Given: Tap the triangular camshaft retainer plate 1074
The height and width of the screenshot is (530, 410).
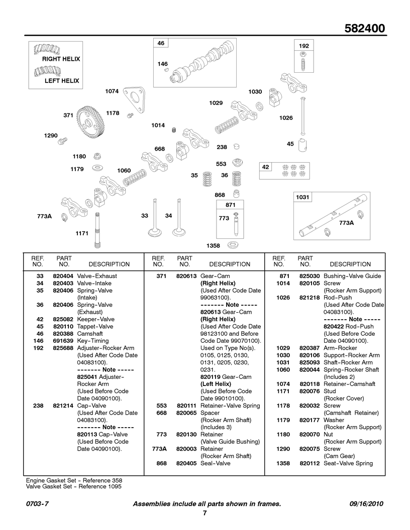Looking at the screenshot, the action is [x=135, y=100].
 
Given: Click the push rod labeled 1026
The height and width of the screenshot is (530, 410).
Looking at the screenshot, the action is [x=303, y=115].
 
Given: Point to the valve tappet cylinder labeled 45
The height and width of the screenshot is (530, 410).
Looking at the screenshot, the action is [x=303, y=145].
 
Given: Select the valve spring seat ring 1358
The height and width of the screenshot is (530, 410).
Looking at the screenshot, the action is [x=233, y=244].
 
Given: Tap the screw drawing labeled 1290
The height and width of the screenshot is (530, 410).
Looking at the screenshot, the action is [x=63, y=141].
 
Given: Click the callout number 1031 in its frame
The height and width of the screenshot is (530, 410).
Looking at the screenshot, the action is [x=302, y=197].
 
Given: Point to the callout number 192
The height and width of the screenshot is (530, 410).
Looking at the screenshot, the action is [x=304, y=46].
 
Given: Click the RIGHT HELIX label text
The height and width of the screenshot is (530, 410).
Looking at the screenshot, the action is [x=61, y=59].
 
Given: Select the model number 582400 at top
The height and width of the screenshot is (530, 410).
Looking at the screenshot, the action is [x=365, y=29].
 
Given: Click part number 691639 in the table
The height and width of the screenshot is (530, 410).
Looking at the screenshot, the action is [x=63, y=341].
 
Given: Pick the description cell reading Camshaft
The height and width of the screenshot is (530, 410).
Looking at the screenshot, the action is [x=90, y=334].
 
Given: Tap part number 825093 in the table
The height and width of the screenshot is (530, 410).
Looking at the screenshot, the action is [x=310, y=362].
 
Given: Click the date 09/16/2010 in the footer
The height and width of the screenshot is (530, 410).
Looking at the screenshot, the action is [x=366, y=504].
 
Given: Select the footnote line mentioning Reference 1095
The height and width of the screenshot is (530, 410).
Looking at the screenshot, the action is [x=74, y=487].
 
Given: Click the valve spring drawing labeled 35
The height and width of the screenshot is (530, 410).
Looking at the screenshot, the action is [x=207, y=179].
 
